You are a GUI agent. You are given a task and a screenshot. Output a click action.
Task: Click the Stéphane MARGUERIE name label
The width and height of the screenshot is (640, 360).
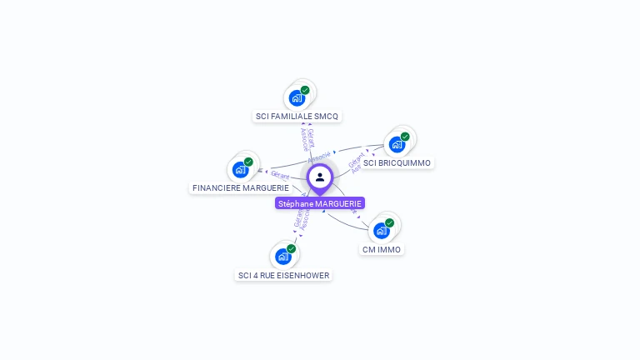pyautogui.click(x=320, y=203)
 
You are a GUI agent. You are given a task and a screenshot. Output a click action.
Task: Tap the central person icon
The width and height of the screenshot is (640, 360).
pyautogui.click(x=320, y=177)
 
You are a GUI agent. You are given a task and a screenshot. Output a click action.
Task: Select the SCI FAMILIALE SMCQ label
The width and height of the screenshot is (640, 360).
pyautogui.click(x=297, y=117)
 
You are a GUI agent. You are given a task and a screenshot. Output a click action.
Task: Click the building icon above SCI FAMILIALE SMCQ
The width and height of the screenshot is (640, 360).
pyautogui.click(x=297, y=97)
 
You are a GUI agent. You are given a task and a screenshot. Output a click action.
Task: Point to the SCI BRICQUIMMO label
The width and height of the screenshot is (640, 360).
pyautogui.click(x=397, y=163)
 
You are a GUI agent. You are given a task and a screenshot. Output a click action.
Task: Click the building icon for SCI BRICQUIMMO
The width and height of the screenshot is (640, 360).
pyautogui.click(x=397, y=144)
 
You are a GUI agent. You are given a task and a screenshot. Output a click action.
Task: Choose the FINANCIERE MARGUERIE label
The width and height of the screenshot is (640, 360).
pyautogui.click(x=241, y=188)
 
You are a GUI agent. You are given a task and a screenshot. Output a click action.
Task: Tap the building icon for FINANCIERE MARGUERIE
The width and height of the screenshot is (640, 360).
pyautogui.click(x=241, y=169)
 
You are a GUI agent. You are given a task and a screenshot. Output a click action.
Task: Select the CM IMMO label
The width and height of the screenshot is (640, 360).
pyautogui.click(x=382, y=250)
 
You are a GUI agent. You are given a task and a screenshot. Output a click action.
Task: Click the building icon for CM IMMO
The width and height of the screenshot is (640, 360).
pyautogui.click(x=382, y=231)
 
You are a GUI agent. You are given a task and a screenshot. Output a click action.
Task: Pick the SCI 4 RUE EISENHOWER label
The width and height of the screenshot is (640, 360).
pyautogui.click(x=284, y=276)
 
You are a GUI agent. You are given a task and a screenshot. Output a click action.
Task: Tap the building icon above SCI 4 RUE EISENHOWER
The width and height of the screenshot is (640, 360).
pyautogui.click(x=283, y=257)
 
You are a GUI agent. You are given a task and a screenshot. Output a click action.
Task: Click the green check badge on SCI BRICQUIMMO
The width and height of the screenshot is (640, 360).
pyautogui.click(x=405, y=137)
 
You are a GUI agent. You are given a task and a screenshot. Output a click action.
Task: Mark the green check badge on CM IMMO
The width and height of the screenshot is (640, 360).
pyautogui.click(x=389, y=223)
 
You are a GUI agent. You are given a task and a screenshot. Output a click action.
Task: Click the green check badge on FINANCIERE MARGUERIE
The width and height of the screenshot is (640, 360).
pyautogui.click(x=248, y=162)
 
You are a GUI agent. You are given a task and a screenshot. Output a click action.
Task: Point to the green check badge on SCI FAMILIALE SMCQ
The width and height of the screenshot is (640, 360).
pyautogui.click(x=305, y=90)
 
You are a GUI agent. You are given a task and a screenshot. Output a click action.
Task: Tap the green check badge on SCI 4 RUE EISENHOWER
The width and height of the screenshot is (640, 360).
pyautogui.click(x=291, y=249)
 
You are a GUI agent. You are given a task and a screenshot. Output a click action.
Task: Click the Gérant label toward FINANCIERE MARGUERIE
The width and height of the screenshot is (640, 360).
pyautogui.click(x=280, y=175)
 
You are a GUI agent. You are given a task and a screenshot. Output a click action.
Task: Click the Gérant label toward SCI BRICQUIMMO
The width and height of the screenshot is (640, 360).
pyautogui.click(x=356, y=157)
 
